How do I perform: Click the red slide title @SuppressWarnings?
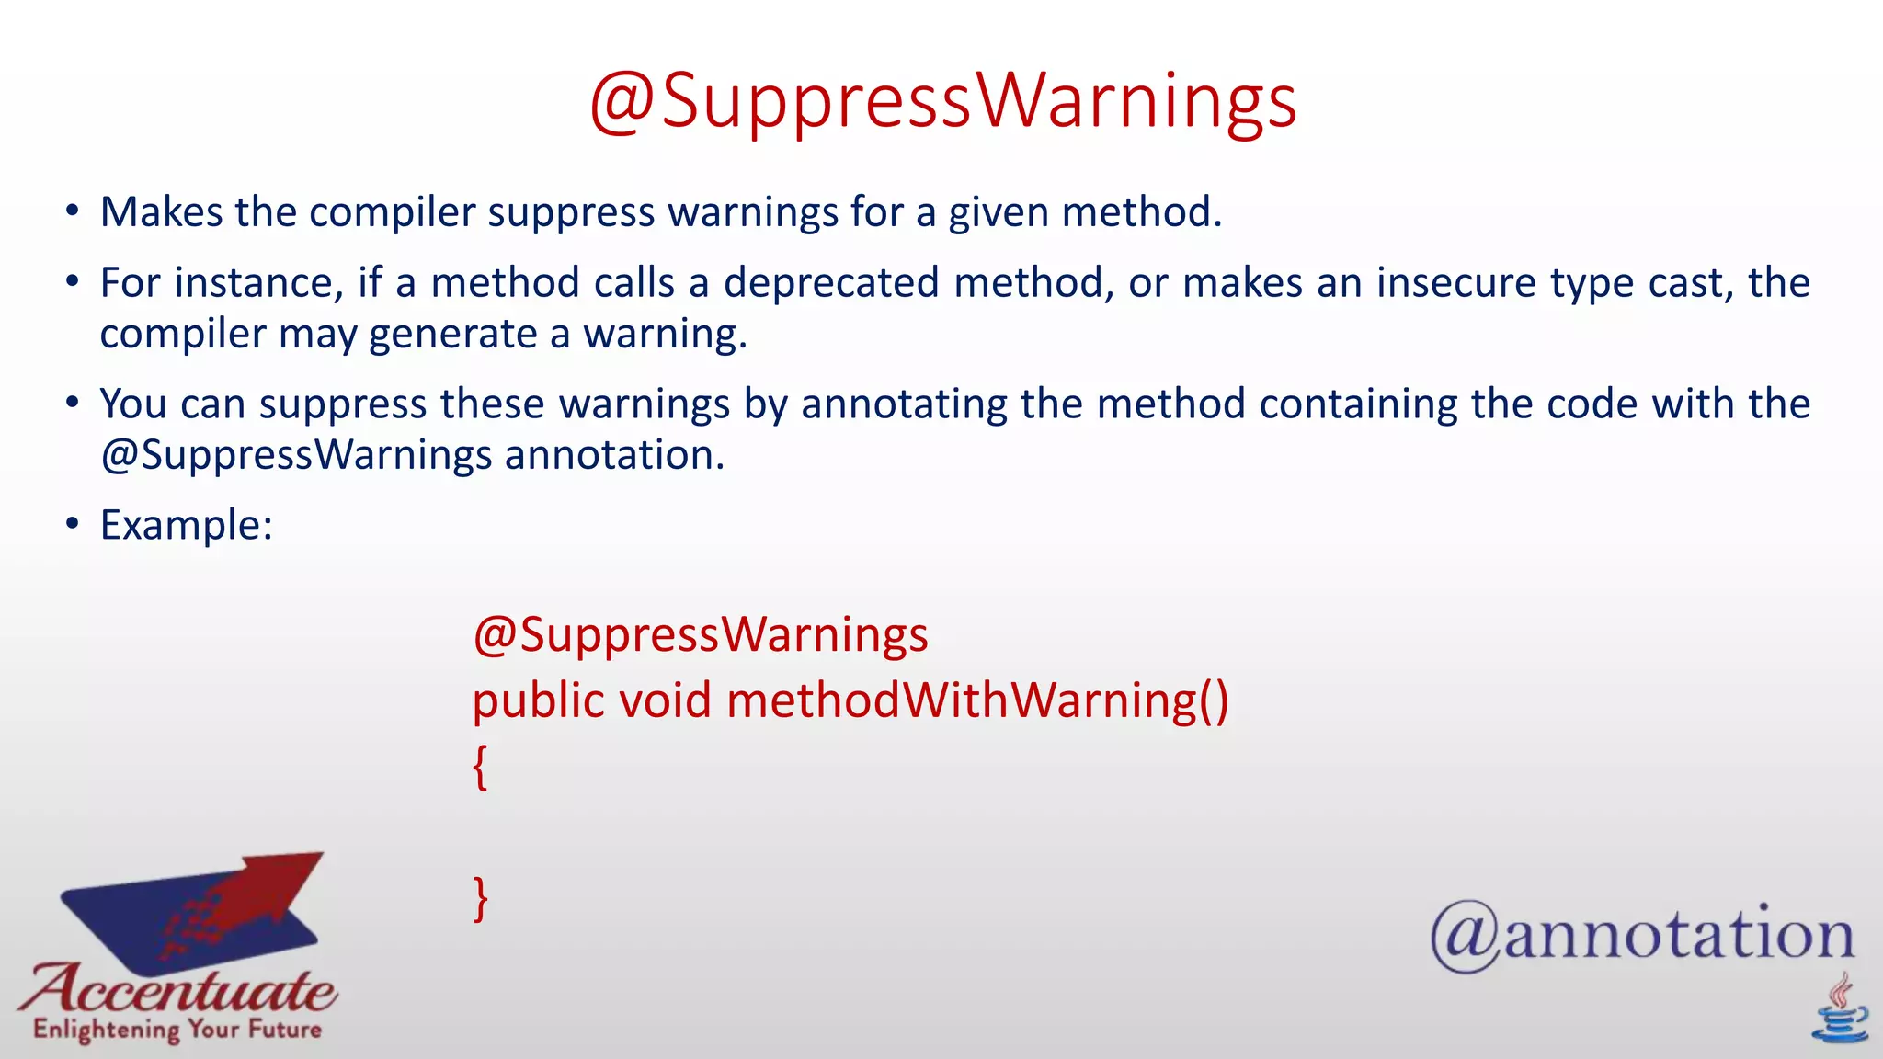[x=942, y=101]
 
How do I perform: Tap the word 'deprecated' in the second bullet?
[x=830, y=282]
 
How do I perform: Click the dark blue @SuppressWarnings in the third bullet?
[x=296, y=455]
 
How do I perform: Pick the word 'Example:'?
[x=187, y=525]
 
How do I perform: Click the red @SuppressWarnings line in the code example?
[x=701, y=635]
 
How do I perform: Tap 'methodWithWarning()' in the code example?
[x=977, y=700]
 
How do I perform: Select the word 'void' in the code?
[x=665, y=700]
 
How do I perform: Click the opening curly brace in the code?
[x=480, y=768]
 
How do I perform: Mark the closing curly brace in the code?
[x=480, y=898]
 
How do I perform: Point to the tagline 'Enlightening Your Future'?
[x=177, y=1029]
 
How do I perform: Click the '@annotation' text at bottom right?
[x=1642, y=935]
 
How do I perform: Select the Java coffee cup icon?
[x=1839, y=1011]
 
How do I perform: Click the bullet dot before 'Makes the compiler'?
[x=73, y=211]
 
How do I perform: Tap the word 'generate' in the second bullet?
[x=452, y=334]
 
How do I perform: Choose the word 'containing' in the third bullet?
[x=1357, y=404]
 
